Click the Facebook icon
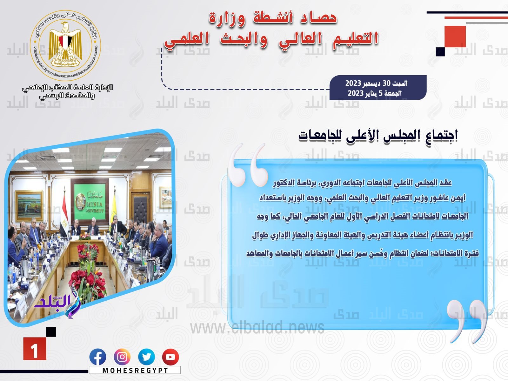click(98, 357)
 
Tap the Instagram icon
click(122, 357)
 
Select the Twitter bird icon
click(146, 357)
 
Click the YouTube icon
click(170, 357)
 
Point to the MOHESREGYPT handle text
click(135, 370)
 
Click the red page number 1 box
click(35, 349)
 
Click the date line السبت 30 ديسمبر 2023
click(376, 83)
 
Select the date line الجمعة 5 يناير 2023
click(374, 93)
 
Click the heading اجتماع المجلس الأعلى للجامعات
click(378, 137)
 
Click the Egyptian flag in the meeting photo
click(64, 215)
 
